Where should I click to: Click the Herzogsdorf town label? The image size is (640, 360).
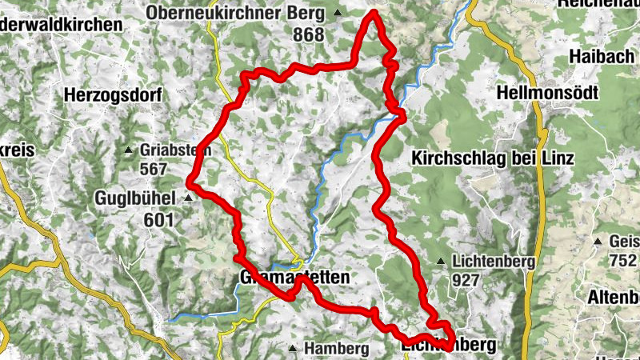[112, 95]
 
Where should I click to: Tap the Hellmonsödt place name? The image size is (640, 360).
[548, 93]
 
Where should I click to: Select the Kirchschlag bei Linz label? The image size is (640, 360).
[493, 158]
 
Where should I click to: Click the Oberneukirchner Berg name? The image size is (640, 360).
[236, 13]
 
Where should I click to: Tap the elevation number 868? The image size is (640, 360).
[308, 35]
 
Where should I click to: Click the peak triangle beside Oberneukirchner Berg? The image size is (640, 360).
[338, 13]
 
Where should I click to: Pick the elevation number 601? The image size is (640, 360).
[159, 219]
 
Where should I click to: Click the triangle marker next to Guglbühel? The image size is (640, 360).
[189, 197]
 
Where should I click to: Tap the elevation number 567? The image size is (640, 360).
[153, 170]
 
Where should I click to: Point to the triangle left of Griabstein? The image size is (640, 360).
[129, 150]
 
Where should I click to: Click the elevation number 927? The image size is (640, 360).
[465, 281]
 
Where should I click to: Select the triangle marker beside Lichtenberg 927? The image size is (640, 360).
[442, 261]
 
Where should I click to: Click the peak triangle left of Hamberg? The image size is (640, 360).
[294, 349]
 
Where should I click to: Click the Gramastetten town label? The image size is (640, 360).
[294, 278]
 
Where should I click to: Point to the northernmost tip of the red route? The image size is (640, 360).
[373, 12]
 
